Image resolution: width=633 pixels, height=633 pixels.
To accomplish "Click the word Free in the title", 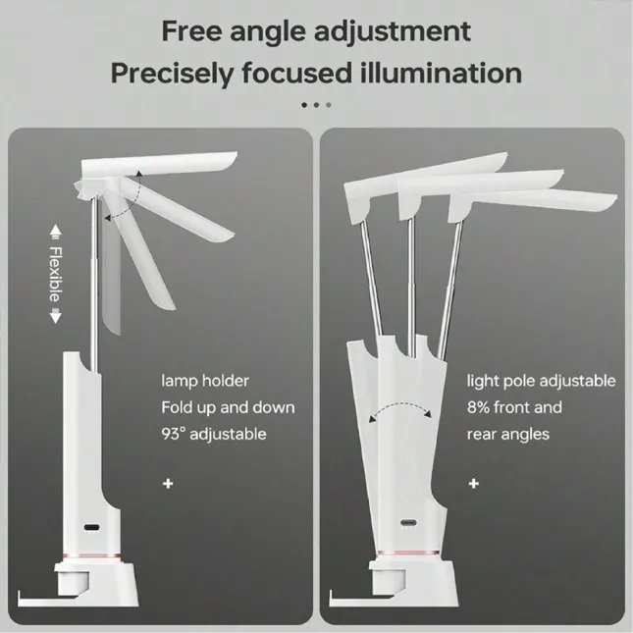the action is tap(191, 31).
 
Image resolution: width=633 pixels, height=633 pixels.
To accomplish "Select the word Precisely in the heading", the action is tap(173, 75).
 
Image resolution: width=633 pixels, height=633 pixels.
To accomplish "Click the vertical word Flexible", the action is tap(56, 274).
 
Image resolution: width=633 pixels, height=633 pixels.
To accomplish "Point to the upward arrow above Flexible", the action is tap(56, 232).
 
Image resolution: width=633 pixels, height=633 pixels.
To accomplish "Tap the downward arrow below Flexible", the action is tap(56, 316).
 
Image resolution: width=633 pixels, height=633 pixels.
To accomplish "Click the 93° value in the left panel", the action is tap(173, 434).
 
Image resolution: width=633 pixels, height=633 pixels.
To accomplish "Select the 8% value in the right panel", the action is tap(478, 407).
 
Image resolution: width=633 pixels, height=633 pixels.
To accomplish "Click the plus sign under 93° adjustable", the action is tap(168, 483).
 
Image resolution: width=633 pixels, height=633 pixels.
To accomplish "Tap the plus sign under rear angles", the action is tap(474, 483).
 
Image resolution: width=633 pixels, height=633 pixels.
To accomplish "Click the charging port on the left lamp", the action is tap(91, 527).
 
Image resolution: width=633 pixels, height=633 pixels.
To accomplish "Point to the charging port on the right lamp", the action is tap(408, 523).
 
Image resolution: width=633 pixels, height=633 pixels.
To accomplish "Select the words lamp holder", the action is tap(205, 381).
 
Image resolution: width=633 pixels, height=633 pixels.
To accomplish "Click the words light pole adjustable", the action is tap(542, 381).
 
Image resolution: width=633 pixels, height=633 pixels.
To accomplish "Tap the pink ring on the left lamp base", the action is tap(92, 555).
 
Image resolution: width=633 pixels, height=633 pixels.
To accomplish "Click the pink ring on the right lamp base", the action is tap(407, 553).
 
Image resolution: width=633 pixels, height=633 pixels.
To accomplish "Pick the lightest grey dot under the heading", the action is tap(329, 105).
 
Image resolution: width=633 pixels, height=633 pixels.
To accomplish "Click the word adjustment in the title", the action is tap(393, 31).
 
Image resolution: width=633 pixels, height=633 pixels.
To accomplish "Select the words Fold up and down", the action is tap(228, 407).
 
